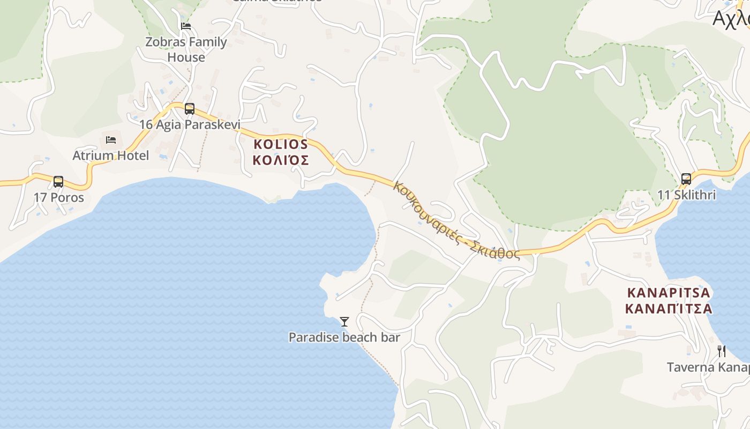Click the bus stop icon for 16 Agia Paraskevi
coord(189,109)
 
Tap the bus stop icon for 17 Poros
coord(58,182)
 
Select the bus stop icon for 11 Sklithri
coord(686,179)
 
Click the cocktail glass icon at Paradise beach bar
coord(344,322)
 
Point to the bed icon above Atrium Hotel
coord(111,140)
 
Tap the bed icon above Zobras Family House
coord(186,26)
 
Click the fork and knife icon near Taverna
coord(722,351)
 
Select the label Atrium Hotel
coord(111,156)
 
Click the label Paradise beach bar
coord(344,337)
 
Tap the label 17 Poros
coord(59,197)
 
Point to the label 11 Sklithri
coord(686,195)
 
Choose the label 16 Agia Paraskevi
coord(190,124)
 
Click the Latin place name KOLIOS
coord(281,144)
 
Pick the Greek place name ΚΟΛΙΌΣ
coord(281,160)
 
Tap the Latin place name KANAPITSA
coord(669,293)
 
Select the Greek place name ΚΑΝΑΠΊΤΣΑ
coord(669,308)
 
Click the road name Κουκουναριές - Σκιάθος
coord(456,221)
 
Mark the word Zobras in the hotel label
coord(165,42)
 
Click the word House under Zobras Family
coord(186,57)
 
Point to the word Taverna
coord(691,367)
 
